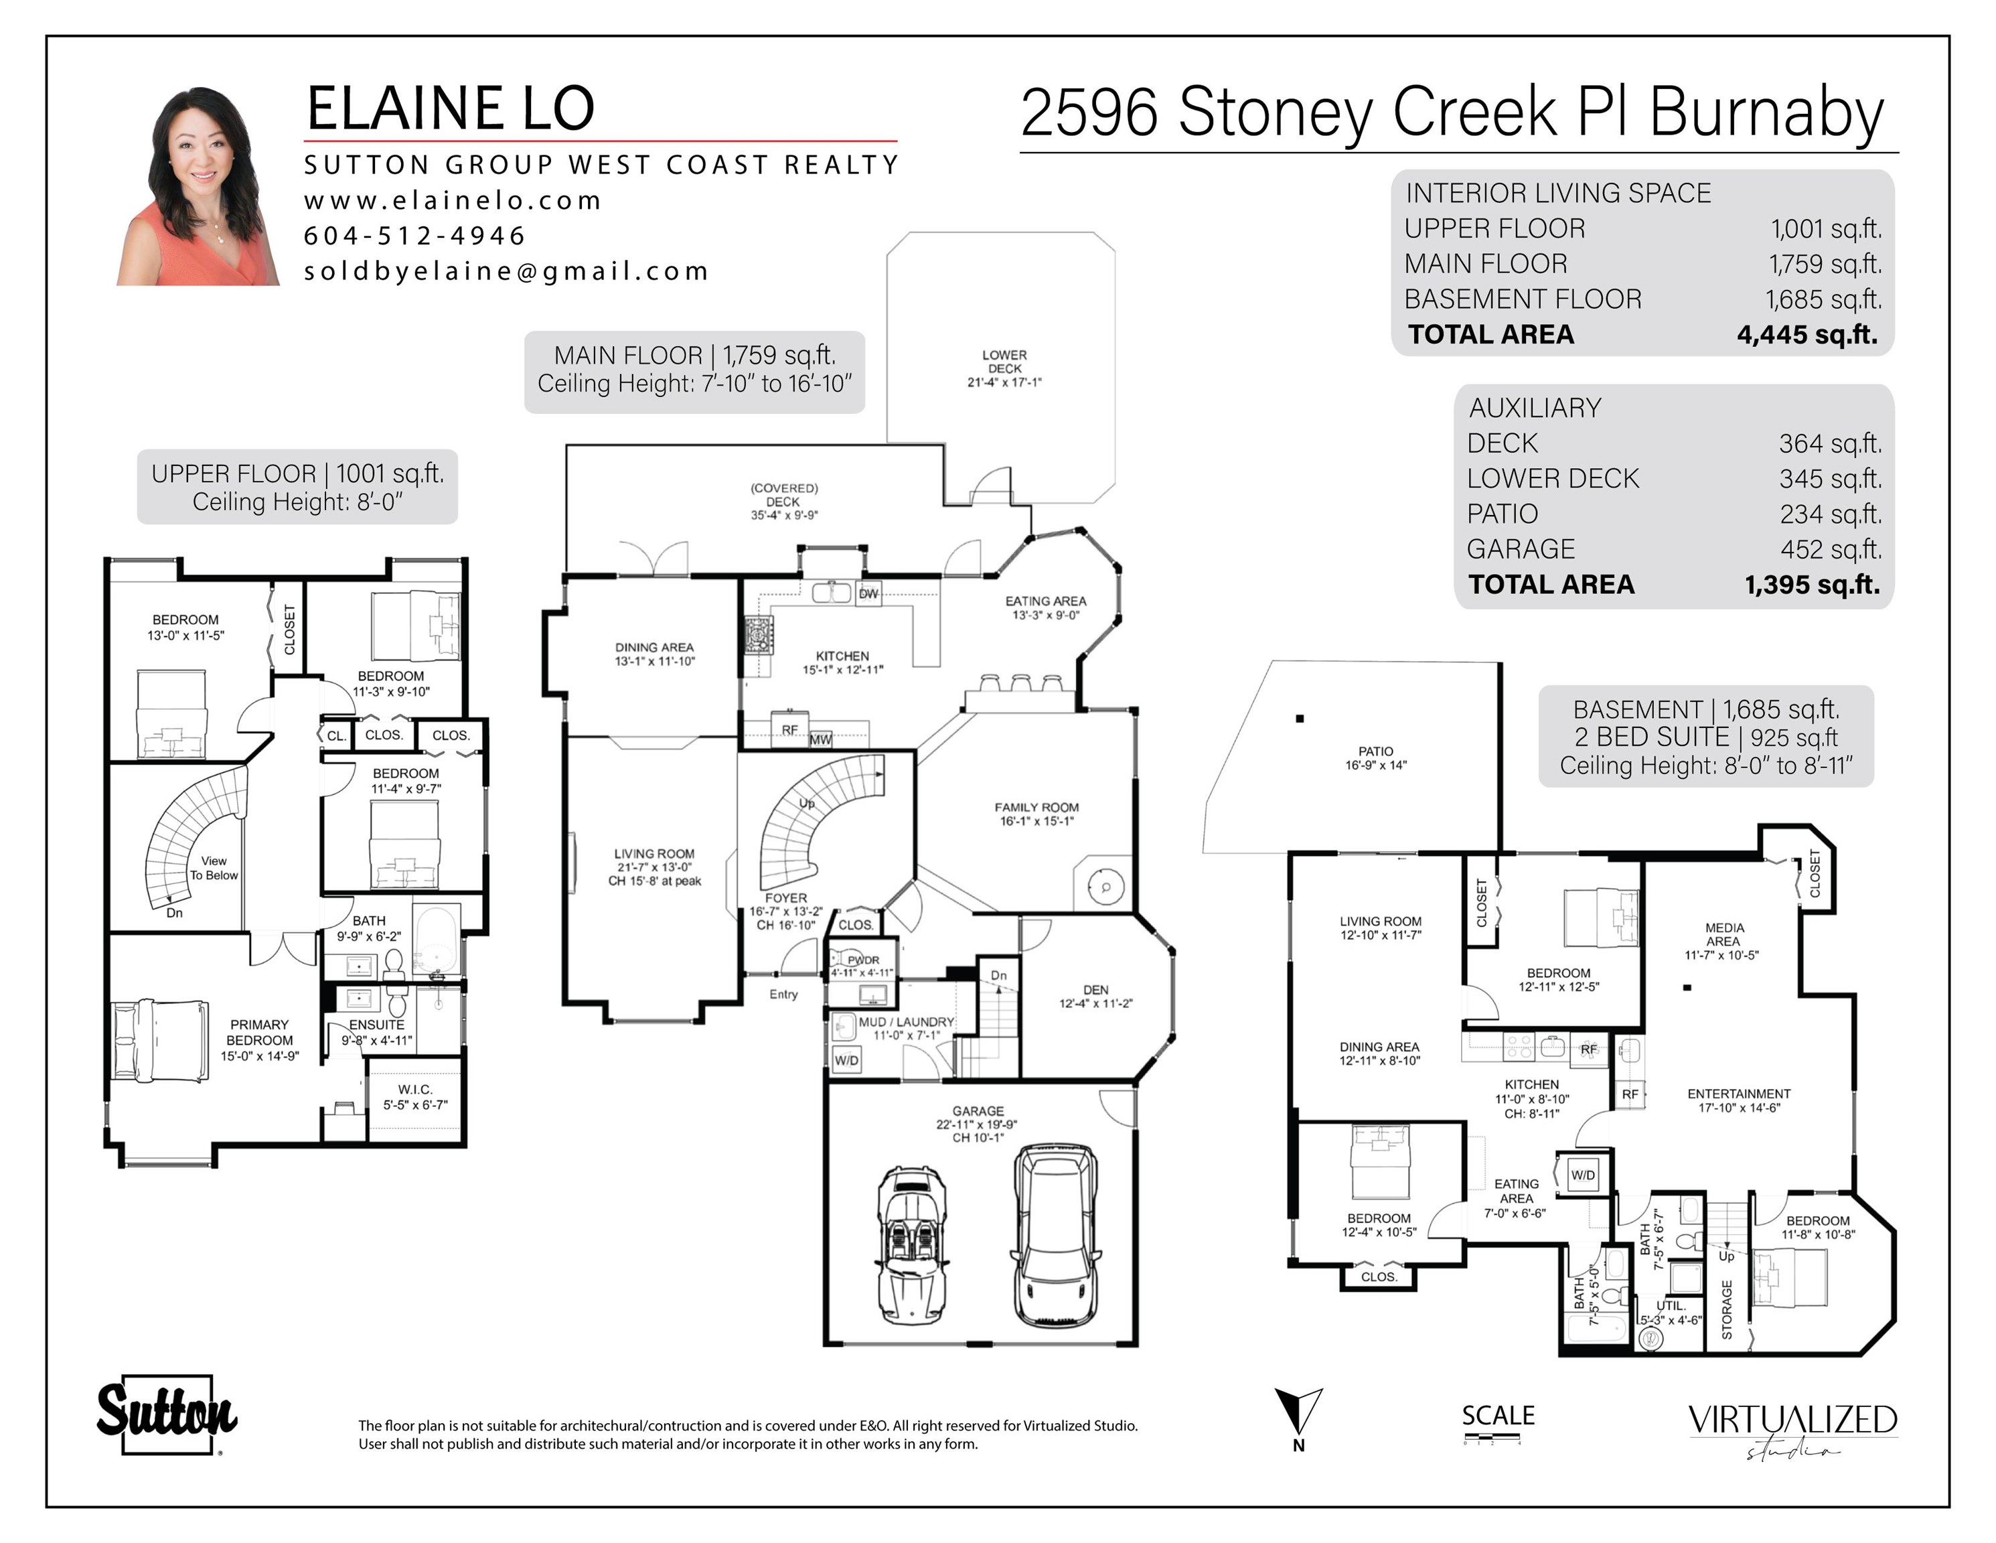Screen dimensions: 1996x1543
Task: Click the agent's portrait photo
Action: point(198,186)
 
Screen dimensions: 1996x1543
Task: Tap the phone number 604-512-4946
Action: point(415,236)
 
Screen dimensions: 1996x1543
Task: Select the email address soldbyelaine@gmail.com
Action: point(506,271)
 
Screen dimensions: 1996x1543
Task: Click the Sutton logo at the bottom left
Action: point(167,1414)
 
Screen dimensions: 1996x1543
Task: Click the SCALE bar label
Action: point(1498,1415)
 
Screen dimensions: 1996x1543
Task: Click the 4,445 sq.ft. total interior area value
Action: point(1807,335)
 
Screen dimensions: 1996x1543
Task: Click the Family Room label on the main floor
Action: point(1037,814)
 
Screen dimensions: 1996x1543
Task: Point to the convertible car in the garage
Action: point(912,1245)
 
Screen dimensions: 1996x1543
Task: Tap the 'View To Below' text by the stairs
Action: point(214,867)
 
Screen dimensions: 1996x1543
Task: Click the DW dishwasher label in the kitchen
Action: point(868,593)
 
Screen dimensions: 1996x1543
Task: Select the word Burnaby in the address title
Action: point(1766,113)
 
